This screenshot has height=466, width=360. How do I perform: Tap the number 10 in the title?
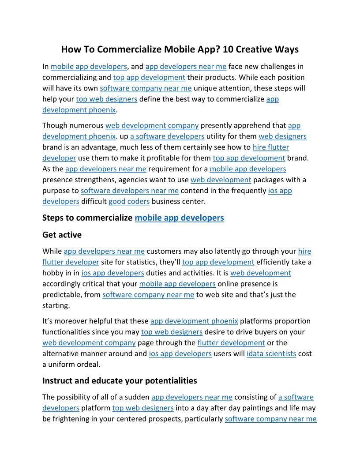click(228, 49)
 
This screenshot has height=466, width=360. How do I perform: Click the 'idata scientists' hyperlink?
click(271, 353)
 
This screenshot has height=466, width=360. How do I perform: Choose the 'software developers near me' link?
click(130, 191)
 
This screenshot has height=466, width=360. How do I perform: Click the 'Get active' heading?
click(62, 234)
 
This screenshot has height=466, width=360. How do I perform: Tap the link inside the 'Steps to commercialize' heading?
click(179, 218)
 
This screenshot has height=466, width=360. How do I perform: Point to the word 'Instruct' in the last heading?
click(57, 380)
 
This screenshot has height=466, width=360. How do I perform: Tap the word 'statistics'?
click(154, 262)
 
